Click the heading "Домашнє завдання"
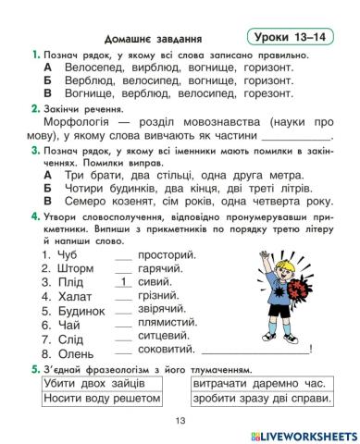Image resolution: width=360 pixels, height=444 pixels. point(154,40)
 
